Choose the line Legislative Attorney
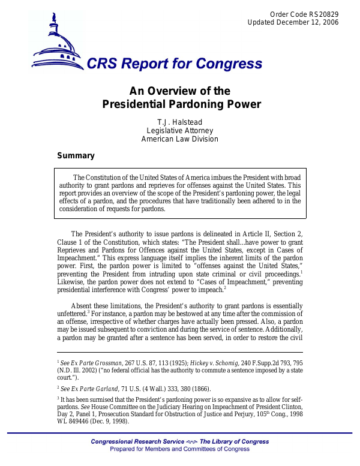(x=180, y=130)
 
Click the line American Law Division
(x=180, y=139)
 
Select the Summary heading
(x=76, y=156)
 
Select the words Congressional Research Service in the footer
(x=130, y=442)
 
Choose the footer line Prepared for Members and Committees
(x=180, y=449)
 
